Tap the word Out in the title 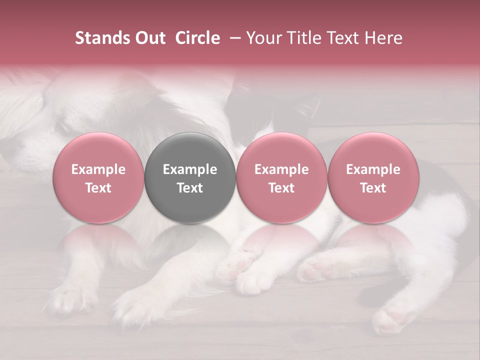[148, 38]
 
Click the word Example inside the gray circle [190, 169]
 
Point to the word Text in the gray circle [190, 188]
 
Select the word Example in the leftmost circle [98, 169]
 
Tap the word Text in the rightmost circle [373, 188]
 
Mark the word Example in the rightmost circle [373, 169]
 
